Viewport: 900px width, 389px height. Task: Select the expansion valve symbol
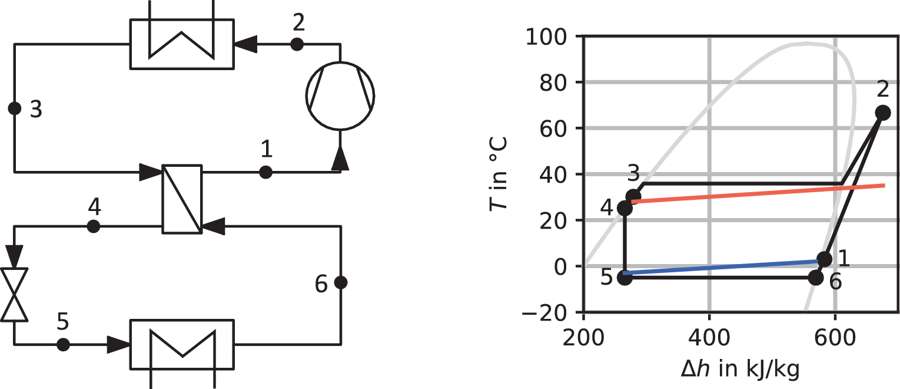coord(15,295)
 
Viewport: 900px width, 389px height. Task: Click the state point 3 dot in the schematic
coord(15,108)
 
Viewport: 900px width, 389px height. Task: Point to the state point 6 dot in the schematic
coord(341,282)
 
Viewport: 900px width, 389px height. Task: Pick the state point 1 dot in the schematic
coord(265,173)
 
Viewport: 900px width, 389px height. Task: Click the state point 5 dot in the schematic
coord(63,345)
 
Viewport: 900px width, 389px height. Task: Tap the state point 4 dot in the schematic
coord(93,227)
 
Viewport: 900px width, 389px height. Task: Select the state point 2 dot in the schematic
coord(297,44)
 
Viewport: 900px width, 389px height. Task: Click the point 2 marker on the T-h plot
coord(883,113)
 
